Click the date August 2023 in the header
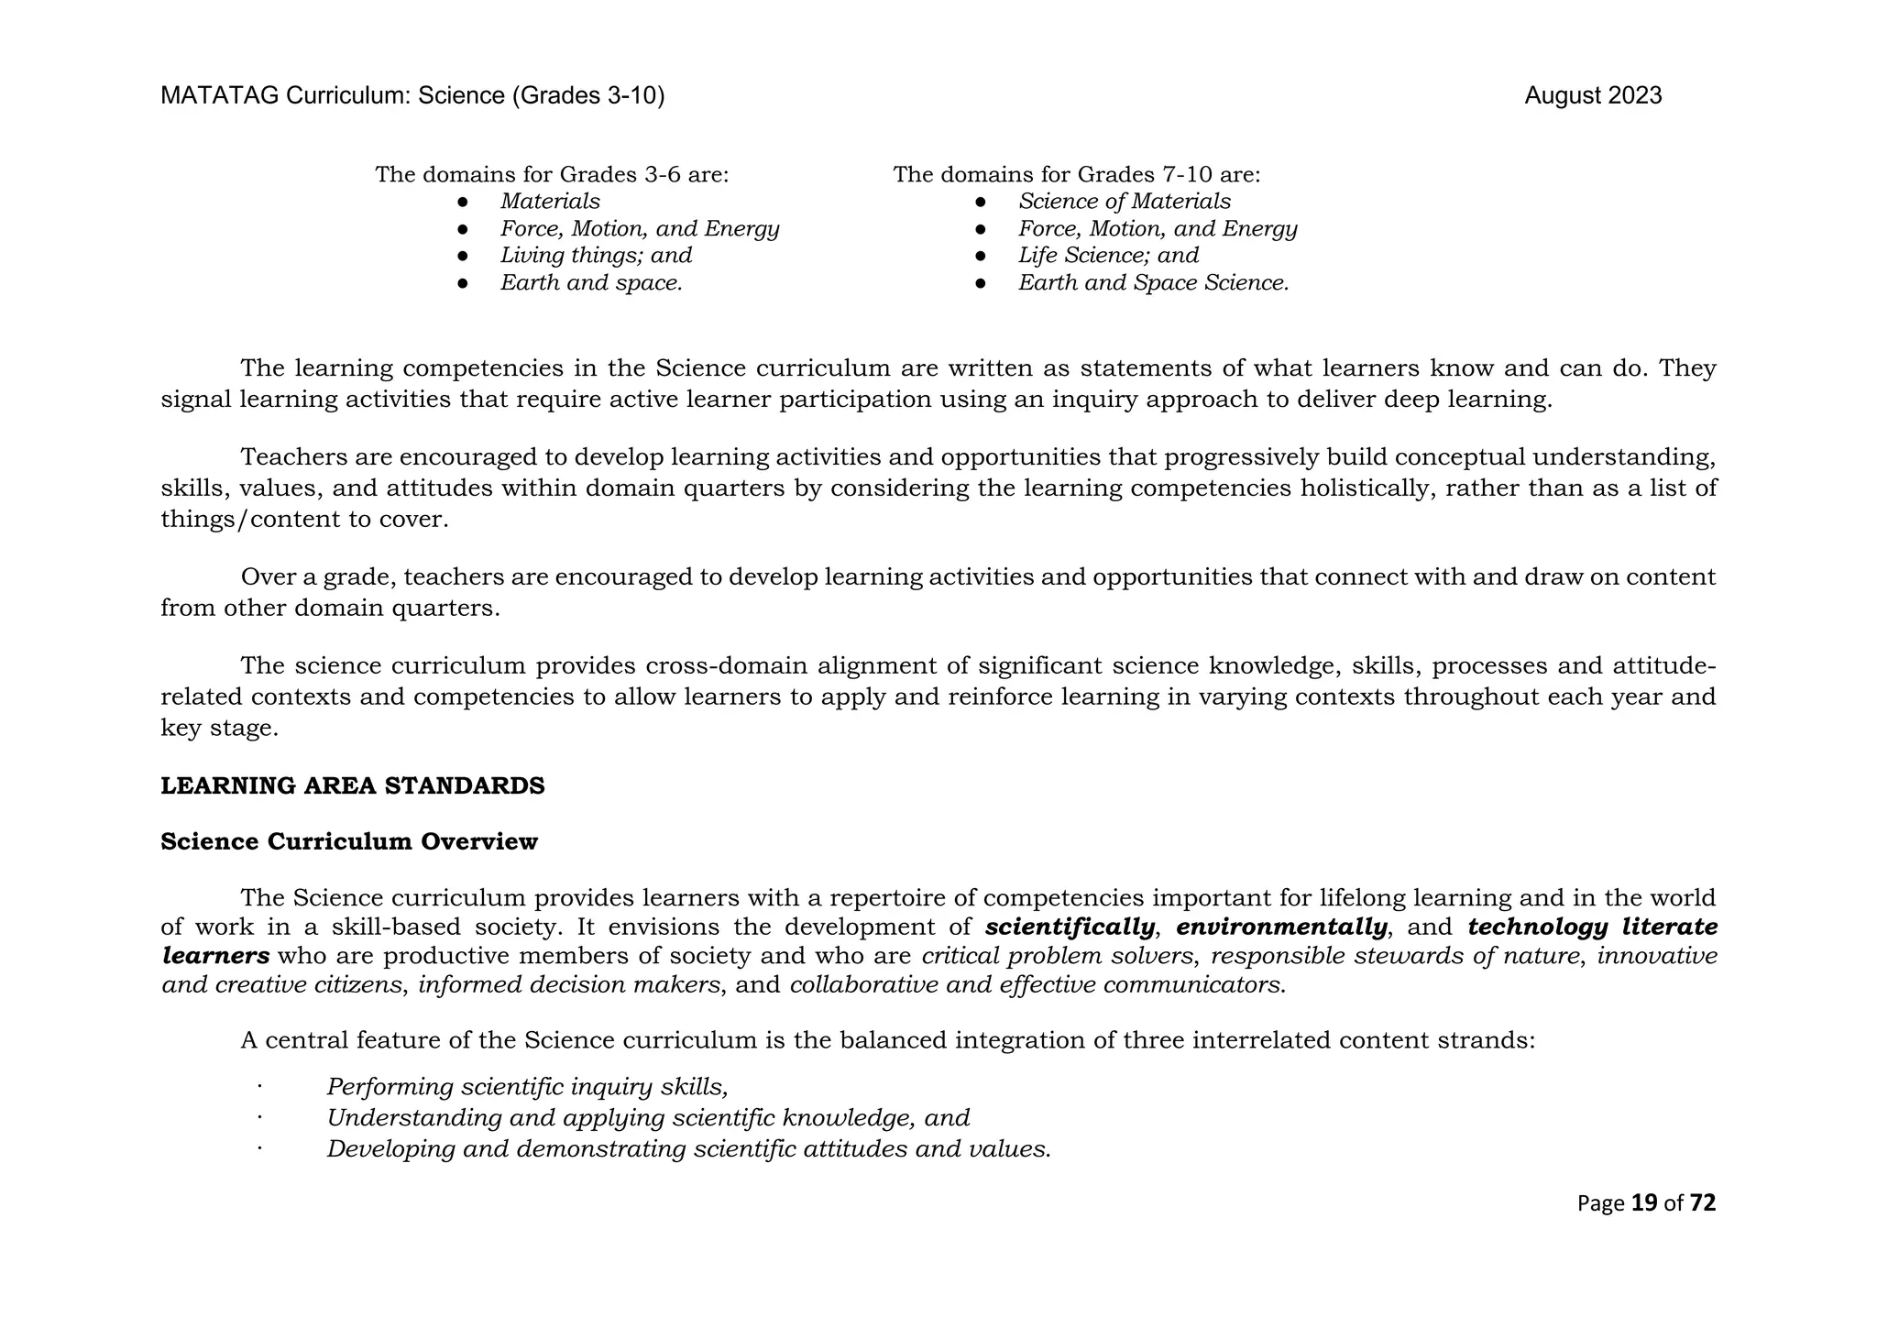[x=1592, y=96]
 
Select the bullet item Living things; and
[x=596, y=256]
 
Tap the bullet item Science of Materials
[x=1124, y=202]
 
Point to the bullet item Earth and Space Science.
[x=1153, y=283]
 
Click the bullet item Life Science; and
[x=1108, y=256]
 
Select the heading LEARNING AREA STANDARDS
[x=353, y=786]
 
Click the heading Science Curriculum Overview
[x=349, y=841]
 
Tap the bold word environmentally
[x=1281, y=927]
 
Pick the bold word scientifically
[x=1070, y=927]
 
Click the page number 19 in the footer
[x=1644, y=1203]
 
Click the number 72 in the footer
[x=1702, y=1203]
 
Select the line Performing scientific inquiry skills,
[x=527, y=1088]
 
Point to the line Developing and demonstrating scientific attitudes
[x=688, y=1149]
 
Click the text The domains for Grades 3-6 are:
[x=552, y=174]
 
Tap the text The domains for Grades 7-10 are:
[x=1077, y=174]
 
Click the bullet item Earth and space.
[x=591, y=283]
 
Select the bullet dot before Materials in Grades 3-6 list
[x=463, y=202]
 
